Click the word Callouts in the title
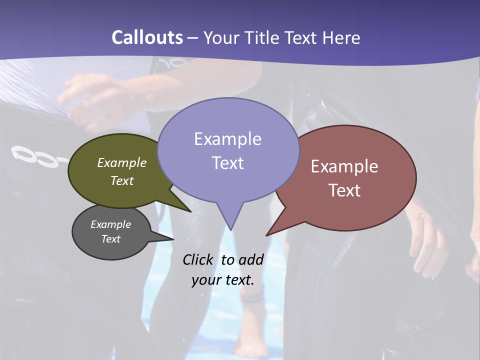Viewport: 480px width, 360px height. click(x=147, y=37)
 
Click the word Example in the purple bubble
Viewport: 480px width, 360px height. click(x=227, y=139)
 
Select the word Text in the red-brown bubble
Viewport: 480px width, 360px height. click(x=345, y=190)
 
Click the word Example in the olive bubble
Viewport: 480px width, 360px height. click(x=122, y=162)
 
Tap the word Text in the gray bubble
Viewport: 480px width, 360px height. click(x=111, y=239)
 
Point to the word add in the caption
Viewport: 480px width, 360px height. click(x=251, y=259)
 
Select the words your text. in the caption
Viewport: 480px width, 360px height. click(x=223, y=280)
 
